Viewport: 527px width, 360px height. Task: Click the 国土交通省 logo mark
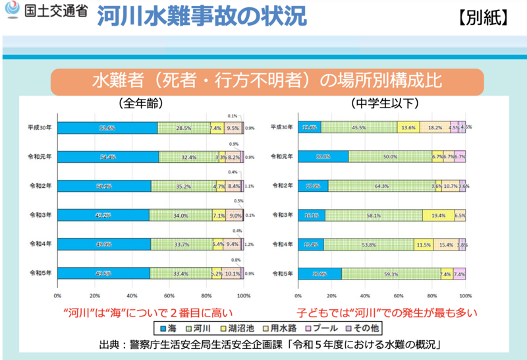coord(13,13)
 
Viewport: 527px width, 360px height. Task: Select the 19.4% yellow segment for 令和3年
coord(437,215)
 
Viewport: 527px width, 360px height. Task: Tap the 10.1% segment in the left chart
coord(232,273)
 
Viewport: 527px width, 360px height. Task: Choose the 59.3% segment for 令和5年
coord(391,273)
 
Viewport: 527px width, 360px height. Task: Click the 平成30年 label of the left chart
coord(42,128)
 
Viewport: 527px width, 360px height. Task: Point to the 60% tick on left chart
coord(169,295)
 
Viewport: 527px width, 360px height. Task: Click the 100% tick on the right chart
coord(466,295)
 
